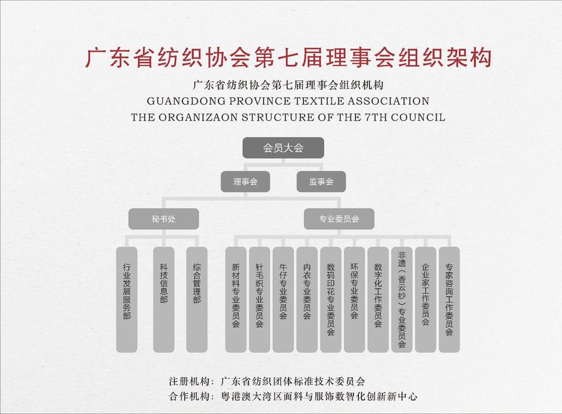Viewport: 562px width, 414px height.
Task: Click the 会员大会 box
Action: pos(283,147)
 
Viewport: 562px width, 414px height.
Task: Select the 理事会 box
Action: pos(245,181)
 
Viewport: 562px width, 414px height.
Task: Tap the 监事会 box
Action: pos(321,181)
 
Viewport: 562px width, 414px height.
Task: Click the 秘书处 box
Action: pos(164,219)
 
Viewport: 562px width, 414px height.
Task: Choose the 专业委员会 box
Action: pos(339,219)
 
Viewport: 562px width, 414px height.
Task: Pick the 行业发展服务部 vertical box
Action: pos(127,300)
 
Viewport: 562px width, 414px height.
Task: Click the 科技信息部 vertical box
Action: pos(164,300)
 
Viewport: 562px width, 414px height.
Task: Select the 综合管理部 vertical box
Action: pos(197,300)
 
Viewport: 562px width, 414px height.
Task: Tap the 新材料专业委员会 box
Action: pos(236,300)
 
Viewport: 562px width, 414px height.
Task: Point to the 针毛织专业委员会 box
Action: pos(260,300)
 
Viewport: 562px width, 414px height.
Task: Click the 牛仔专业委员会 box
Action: pos(283,300)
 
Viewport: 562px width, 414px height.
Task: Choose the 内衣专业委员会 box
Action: pos(307,300)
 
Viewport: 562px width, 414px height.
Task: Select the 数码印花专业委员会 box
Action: pos(330,300)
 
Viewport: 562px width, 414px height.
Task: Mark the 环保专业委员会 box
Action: pos(354,300)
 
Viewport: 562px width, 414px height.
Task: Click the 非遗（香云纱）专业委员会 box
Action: pos(402,300)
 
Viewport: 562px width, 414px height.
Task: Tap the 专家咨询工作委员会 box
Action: pos(449,300)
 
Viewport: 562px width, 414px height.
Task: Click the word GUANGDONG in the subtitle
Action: pos(185,101)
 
